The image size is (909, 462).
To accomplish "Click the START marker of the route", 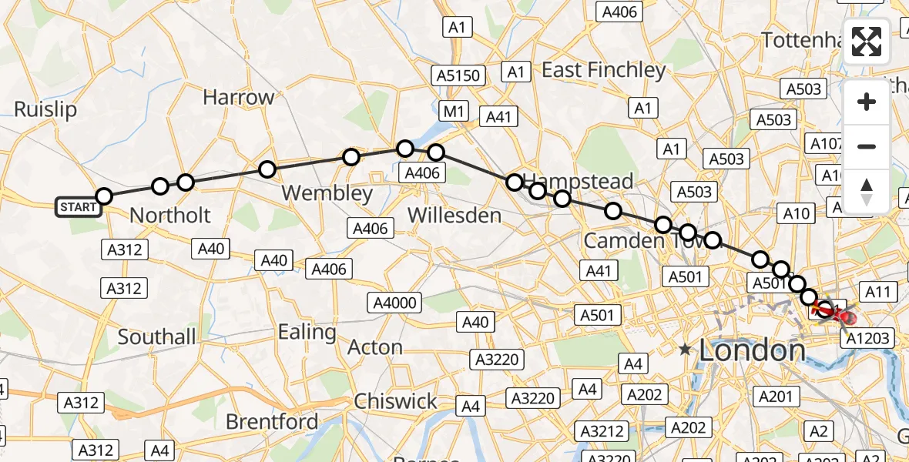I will tap(79, 206).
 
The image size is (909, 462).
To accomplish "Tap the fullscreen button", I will tap(867, 42).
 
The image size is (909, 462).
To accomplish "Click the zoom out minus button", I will tap(867, 146).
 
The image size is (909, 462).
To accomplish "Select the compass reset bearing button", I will tap(867, 191).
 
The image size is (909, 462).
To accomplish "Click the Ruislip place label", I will tap(45, 109).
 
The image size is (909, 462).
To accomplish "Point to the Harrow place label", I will tap(238, 98).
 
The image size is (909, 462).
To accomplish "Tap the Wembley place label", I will tap(327, 192).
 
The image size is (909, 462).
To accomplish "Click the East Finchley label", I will tap(603, 70).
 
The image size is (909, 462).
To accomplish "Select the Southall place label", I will tap(156, 336).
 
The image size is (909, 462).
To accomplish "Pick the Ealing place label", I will tap(307, 333).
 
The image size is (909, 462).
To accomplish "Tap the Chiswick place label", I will tap(395, 401).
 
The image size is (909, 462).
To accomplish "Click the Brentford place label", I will tap(272, 422).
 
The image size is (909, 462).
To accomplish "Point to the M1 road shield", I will tap(454, 112).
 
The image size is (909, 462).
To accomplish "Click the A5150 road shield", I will tap(459, 75).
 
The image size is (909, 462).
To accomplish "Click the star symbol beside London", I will tap(685, 350).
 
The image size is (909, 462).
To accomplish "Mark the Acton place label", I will tap(375, 347).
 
